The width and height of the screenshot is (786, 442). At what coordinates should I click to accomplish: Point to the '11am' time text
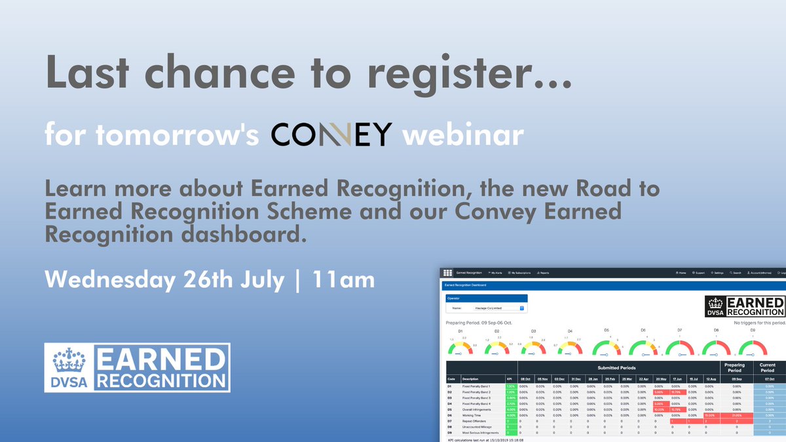(343, 280)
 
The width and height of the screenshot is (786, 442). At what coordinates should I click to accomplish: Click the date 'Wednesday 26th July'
(164, 280)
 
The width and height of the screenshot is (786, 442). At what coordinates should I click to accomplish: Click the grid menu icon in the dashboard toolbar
(448, 273)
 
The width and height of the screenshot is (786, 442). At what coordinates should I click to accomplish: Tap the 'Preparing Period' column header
(734, 367)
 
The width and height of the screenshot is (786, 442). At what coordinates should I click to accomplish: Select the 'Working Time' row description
(472, 415)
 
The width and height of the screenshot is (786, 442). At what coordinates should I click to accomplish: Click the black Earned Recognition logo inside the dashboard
(745, 306)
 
